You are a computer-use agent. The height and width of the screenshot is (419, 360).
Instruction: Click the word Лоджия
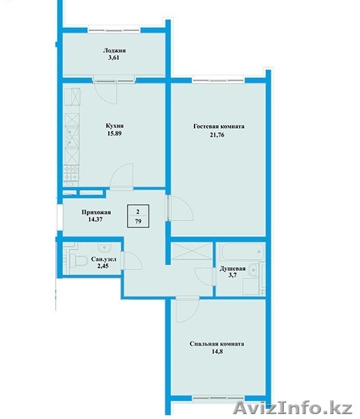114,51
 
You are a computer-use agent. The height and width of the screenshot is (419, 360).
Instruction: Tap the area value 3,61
114,58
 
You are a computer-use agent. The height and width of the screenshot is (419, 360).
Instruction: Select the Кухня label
114,126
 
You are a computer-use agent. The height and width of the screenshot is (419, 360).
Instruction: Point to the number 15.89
114,133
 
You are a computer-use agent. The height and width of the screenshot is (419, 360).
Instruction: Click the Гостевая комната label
219,126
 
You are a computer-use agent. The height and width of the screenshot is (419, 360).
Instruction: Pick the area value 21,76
216,135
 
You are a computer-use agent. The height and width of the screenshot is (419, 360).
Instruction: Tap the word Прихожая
96,212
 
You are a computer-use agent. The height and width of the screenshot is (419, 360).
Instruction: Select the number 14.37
96,219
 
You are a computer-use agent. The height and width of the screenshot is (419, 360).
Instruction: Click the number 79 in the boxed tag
138,221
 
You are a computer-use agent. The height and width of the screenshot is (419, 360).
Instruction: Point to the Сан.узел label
103,259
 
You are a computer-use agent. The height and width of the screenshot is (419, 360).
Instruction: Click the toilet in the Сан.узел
79,260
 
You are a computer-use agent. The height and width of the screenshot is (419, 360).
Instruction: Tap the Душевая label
232,269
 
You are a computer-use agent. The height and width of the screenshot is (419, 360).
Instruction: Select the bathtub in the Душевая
242,251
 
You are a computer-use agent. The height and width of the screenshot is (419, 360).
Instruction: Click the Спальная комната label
216,344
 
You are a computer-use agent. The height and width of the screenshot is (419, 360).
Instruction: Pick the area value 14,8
217,351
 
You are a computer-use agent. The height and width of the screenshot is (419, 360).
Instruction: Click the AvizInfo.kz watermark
292,409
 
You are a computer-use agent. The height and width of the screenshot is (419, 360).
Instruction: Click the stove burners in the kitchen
71,173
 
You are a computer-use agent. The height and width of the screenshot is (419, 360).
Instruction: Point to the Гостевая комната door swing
181,208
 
